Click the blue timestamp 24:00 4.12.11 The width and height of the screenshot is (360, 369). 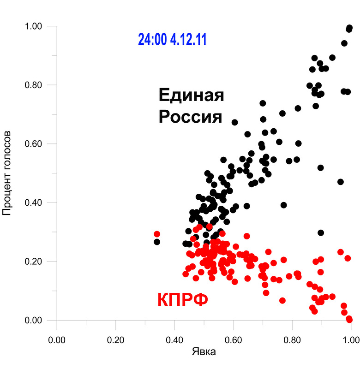coord(172,40)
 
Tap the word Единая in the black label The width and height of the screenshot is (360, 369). coord(191,96)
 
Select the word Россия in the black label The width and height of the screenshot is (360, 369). coord(190,117)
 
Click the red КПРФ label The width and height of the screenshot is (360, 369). coord(183,300)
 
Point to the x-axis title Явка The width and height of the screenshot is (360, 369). coord(204,352)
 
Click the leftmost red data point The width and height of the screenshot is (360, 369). coord(157,234)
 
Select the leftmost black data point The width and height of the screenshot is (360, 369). coord(157,242)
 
